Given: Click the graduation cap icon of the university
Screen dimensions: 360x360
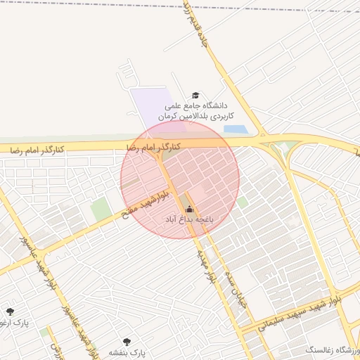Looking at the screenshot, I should (195, 96).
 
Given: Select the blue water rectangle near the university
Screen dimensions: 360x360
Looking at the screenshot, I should (235, 129).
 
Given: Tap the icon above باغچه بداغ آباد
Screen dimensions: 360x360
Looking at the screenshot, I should (188, 209).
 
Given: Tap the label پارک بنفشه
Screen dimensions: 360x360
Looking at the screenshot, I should (127, 352).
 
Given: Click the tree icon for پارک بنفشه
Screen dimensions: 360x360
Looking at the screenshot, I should (127, 341).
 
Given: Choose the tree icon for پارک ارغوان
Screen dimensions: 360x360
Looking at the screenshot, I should (10, 311).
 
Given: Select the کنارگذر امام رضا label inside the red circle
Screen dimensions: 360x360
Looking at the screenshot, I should (153, 147).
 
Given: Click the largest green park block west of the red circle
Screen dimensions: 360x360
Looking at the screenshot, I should (100, 209).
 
